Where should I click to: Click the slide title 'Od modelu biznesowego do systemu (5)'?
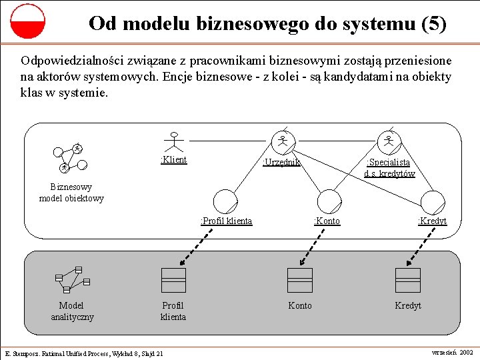[267, 24]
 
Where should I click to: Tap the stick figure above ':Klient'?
[175, 140]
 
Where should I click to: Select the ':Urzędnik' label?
[281, 162]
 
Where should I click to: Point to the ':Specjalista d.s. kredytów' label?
[389, 167]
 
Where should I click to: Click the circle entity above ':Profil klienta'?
[225, 201]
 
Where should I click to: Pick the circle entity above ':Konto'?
[329, 201]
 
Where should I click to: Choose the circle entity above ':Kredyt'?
[433, 201]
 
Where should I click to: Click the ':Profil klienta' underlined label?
[227, 221]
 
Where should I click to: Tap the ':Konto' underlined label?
[327, 221]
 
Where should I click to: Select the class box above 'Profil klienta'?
[173, 280]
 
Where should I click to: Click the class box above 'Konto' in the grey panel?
[300, 280]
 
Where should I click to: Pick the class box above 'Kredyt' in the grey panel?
[407, 280]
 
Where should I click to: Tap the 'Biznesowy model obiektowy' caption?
[71, 193]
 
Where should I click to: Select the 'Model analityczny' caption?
[72, 311]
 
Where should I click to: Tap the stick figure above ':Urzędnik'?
[283, 140]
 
